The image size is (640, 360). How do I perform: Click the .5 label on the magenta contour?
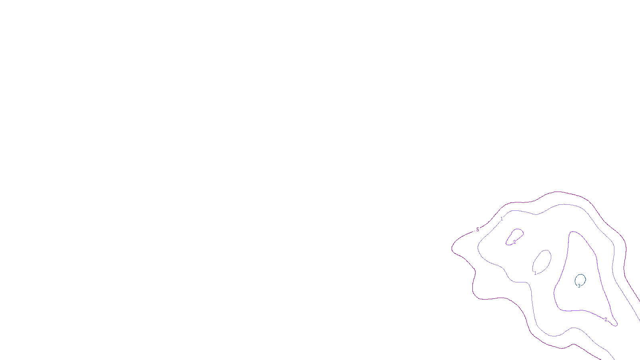coord(477,230)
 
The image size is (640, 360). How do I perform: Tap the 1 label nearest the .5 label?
coord(502,219)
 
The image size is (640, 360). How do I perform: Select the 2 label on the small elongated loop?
coord(514,242)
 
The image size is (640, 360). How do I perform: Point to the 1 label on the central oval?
coord(535,273)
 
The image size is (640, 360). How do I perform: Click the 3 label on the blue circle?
coord(579,286)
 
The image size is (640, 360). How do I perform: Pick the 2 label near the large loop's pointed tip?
coord(606,319)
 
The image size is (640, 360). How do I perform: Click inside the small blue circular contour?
coord(580,279)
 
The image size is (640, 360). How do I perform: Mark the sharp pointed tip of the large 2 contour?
coord(617,324)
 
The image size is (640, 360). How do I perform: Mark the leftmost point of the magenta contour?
coord(452,248)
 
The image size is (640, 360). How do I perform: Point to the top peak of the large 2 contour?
coord(573,232)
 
